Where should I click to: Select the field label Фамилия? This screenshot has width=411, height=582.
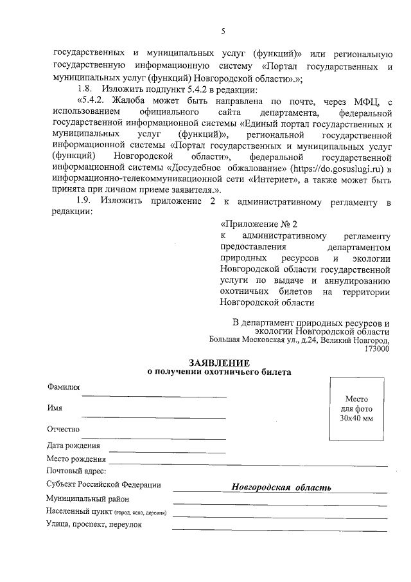point(63,387)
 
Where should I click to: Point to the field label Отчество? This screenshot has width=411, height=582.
point(62,429)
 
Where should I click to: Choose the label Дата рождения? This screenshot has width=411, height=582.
point(73,446)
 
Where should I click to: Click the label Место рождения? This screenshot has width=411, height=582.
point(76,459)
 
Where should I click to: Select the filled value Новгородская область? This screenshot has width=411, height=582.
point(281,487)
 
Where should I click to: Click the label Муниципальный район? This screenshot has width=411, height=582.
point(88,499)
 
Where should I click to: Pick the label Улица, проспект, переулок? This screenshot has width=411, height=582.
point(94,524)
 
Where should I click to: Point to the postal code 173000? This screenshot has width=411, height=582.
point(376,349)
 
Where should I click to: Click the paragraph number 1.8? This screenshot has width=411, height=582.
point(85,89)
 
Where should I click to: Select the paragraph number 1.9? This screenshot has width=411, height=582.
point(85,204)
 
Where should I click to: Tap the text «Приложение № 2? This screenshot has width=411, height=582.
point(259,224)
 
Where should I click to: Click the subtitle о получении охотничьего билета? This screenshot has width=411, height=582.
point(218,372)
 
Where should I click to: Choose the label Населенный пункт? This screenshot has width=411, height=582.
point(78,513)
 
